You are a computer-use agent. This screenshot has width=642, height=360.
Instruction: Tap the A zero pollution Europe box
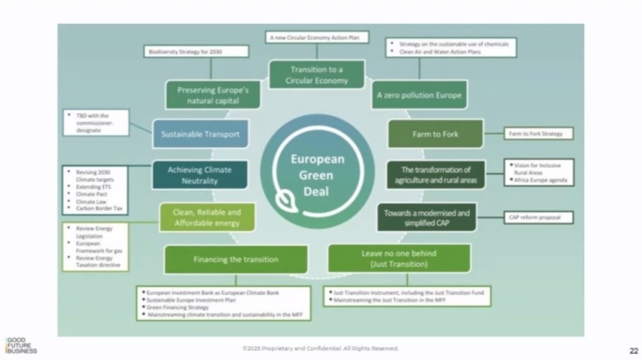tap(408, 93)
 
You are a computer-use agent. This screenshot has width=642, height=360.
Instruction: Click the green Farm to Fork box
tap(435, 134)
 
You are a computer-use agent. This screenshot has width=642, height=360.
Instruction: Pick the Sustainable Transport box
tap(196, 134)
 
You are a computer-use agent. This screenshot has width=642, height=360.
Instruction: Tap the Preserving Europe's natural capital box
tap(212, 94)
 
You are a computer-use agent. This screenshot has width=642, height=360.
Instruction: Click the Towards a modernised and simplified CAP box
tap(429, 217)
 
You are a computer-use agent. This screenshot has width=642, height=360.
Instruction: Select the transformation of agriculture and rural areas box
tap(436, 174)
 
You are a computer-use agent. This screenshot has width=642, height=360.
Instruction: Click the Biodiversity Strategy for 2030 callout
tap(186, 53)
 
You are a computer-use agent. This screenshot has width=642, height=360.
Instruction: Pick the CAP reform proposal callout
tap(539, 217)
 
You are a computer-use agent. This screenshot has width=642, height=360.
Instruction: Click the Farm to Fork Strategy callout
tap(539, 134)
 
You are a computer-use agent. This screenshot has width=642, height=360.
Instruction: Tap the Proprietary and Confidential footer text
tap(320, 348)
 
